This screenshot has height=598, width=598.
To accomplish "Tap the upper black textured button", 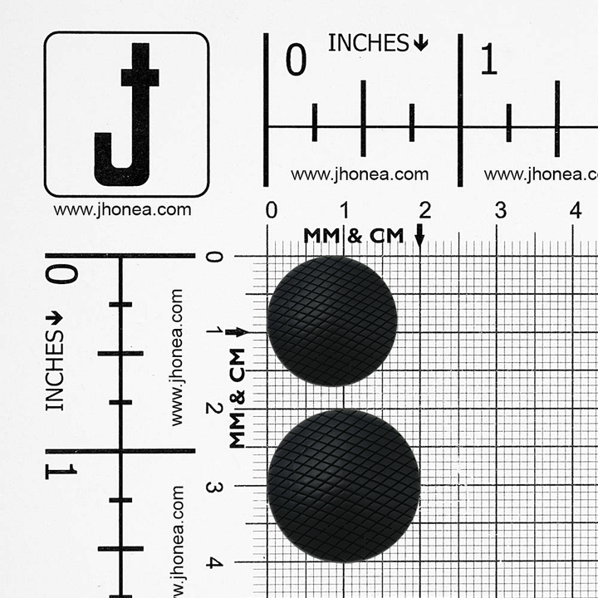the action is point(331,321).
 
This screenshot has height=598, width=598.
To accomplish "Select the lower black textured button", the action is point(344,486).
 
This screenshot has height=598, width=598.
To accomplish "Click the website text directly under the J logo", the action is point(122,210).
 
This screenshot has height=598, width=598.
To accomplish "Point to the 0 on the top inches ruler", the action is point(296,59).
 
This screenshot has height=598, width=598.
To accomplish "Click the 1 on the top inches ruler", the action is point(488,59).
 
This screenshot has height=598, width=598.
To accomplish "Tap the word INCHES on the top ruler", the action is point(369,42).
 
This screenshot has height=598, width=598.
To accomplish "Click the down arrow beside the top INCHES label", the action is point(420,42).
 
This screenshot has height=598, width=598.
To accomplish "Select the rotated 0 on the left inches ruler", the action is point(61,274).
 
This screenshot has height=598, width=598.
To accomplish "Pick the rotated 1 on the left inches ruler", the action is point(61,472).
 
